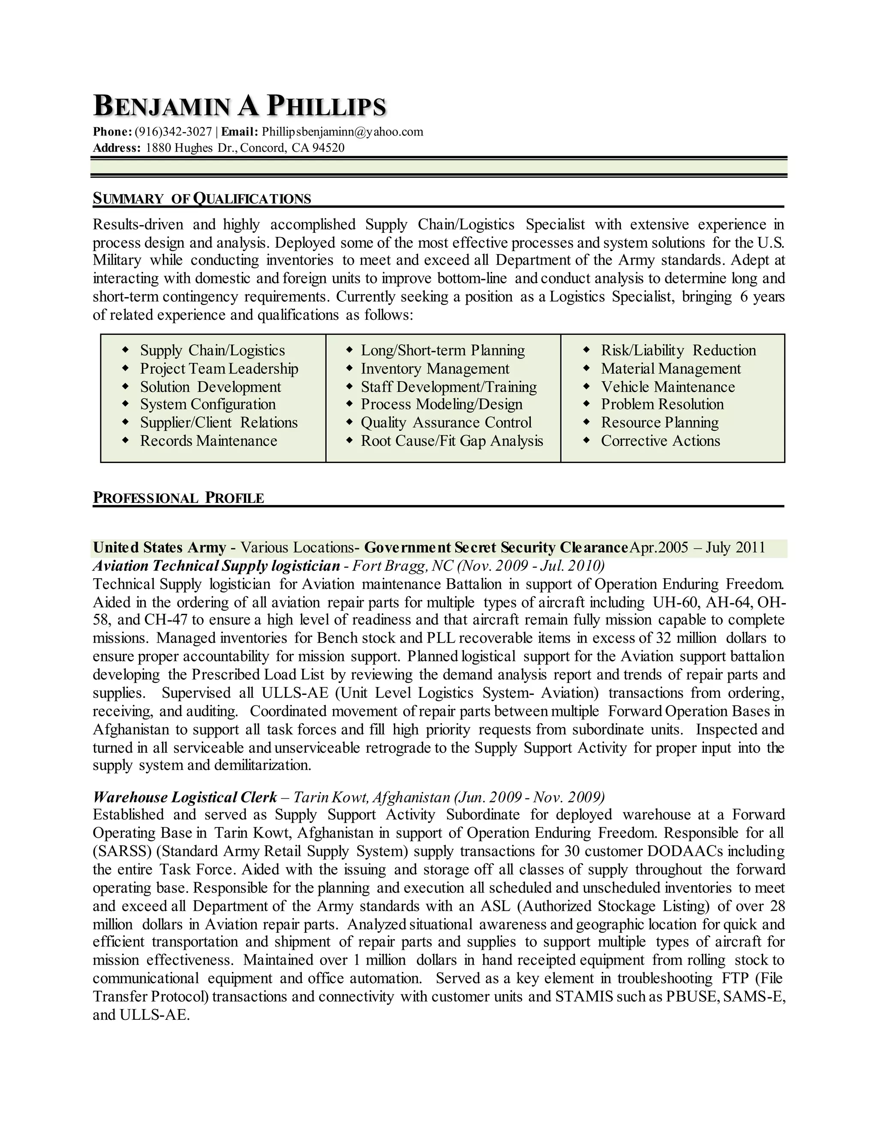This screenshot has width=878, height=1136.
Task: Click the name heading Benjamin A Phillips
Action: (x=239, y=106)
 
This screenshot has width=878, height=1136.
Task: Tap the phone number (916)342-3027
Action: (x=173, y=132)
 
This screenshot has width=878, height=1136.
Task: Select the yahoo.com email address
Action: (x=342, y=132)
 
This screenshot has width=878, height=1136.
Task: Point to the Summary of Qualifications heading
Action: (x=202, y=199)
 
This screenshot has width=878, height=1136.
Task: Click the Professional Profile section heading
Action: (x=178, y=498)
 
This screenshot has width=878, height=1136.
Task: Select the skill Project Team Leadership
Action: (x=219, y=369)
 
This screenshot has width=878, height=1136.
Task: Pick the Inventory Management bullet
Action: (x=435, y=369)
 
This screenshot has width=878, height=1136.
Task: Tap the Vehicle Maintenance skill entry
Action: (x=668, y=387)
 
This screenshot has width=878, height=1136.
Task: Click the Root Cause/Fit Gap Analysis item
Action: (x=451, y=441)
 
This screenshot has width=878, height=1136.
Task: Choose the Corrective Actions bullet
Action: (x=661, y=441)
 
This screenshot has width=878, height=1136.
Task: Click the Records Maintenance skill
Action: (x=209, y=441)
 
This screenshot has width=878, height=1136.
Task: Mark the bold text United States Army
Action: (x=159, y=548)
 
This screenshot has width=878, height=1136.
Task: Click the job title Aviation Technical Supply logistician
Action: (x=216, y=566)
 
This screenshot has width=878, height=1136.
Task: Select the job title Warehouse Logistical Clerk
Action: (x=185, y=797)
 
